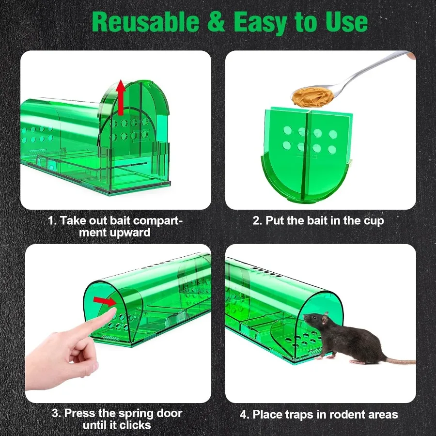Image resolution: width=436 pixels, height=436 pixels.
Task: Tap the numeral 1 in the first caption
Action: click(x=51, y=221)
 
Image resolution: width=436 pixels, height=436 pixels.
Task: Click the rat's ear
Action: click(x=326, y=315)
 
